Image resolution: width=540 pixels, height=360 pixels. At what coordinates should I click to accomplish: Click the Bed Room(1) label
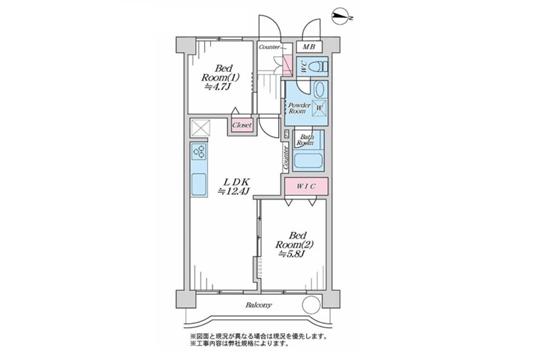(x=220, y=77)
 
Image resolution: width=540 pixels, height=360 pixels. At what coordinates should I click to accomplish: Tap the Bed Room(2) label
(x=294, y=245)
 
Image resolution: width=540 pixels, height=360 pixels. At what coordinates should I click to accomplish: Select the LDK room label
(x=234, y=186)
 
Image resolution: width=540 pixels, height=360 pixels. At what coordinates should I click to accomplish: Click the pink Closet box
(x=241, y=125)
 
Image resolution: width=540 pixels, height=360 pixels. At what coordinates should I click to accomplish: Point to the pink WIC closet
(x=306, y=186)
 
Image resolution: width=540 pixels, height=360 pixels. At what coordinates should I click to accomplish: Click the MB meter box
(x=309, y=46)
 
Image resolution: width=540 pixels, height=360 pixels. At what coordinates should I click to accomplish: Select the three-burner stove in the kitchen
(x=199, y=151)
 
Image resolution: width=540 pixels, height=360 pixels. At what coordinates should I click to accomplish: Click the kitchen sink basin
(x=199, y=184)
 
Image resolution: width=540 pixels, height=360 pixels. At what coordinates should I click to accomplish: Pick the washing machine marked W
(x=319, y=108)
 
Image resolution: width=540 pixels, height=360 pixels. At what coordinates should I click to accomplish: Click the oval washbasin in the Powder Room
(x=319, y=90)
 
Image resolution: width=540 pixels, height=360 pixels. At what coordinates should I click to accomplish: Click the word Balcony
(x=259, y=305)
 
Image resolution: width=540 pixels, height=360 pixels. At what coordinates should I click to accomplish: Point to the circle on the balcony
(x=312, y=305)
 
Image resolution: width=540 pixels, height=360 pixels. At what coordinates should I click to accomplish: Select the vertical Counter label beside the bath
(x=286, y=157)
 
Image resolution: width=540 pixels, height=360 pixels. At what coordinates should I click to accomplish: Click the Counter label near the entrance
(x=269, y=46)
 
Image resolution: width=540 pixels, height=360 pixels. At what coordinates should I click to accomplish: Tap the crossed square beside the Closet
(x=200, y=127)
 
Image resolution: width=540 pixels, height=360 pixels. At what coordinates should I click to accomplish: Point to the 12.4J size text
(x=234, y=191)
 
